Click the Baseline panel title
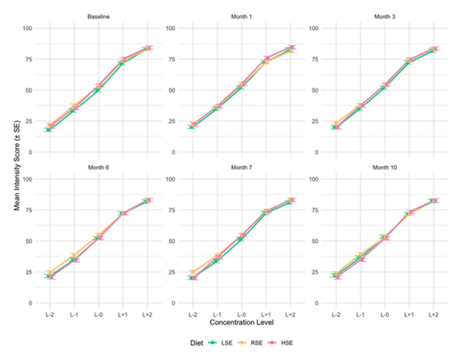coord(99,17)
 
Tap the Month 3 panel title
coord(385,17)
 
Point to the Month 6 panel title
coord(99,167)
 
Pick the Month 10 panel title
coord(385,167)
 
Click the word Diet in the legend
coord(197,343)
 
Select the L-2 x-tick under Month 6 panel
coord(49,314)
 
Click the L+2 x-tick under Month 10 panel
coord(434,314)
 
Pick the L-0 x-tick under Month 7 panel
coord(241,314)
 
